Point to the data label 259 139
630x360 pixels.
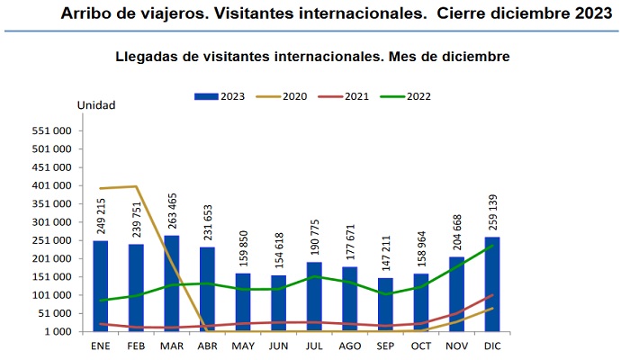pos(492,211)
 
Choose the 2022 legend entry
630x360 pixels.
pos(410,95)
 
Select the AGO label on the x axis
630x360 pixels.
pos(349,346)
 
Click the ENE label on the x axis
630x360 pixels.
pos(100,346)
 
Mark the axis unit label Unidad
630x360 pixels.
pos(96,105)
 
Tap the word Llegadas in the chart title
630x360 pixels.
pos(148,57)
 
